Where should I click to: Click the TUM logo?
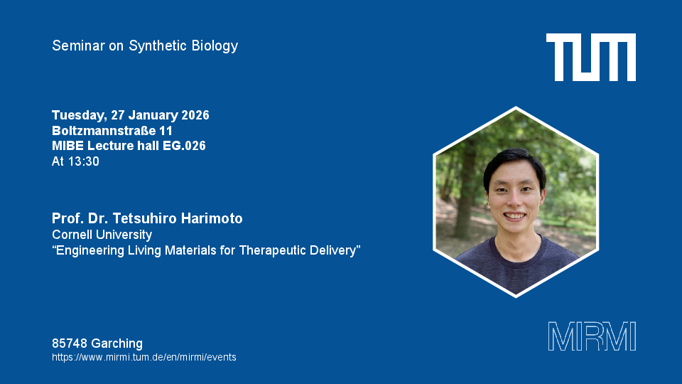(x=590, y=57)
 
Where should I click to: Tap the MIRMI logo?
(x=592, y=336)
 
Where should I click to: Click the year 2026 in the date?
(x=195, y=115)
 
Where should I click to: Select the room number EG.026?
(x=184, y=146)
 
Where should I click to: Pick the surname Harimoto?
(x=212, y=218)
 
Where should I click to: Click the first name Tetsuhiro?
(x=144, y=218)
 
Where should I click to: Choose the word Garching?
(x=117, y=343)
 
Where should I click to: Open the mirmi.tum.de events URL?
(x=144, y=358)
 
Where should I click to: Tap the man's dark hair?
(x=514, y=164)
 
